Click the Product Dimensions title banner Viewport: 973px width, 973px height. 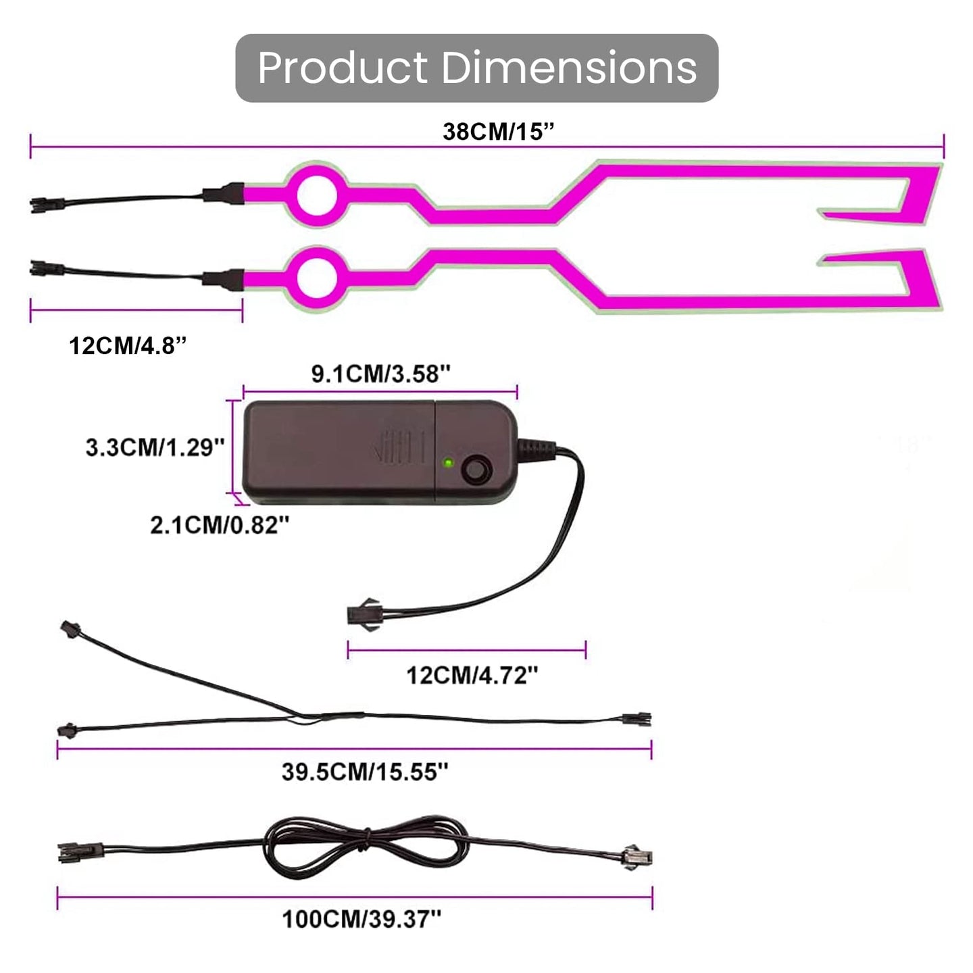[476, 68]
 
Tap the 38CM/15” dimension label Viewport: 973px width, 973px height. [499, 132]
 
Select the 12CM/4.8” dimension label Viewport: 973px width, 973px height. [128, 346]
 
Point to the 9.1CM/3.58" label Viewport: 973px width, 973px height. [380, 374]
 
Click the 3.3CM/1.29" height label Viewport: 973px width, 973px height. [155, 447]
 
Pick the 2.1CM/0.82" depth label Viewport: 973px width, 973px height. [220, 525]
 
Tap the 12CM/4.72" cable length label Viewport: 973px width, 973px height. [472, 675]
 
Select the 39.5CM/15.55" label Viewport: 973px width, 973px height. [365, 772]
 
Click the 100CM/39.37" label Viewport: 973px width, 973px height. [361, 919]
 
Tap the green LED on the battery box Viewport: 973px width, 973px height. [447, 462]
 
